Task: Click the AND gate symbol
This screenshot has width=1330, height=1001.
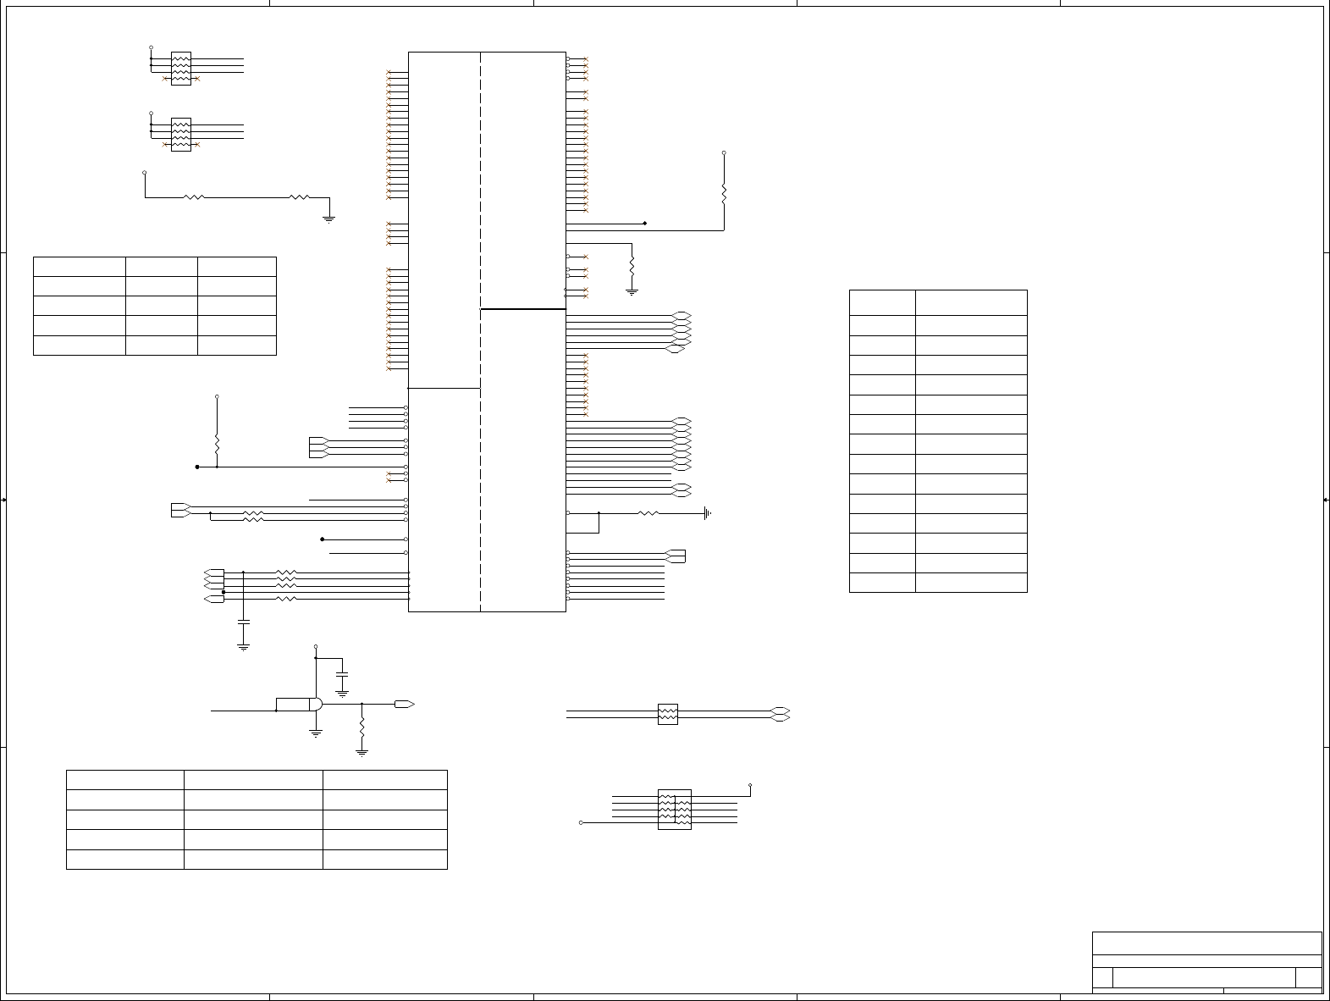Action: tap(315, 705)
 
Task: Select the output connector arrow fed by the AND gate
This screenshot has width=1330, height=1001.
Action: tap(404, 705)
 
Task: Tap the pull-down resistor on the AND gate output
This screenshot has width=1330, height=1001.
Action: tap(362, 727)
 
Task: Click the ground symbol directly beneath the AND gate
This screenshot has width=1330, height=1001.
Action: tap(316, 733)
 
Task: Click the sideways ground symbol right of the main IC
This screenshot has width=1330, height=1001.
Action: tap(707, 513)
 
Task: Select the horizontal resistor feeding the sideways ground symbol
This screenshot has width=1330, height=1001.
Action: tap(648, 513)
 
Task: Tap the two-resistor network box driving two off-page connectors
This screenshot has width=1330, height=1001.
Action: tap(668, 714)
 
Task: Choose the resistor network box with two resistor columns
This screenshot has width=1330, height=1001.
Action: tap(675, 810)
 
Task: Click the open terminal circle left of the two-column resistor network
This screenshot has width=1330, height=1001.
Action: tap(581, 822)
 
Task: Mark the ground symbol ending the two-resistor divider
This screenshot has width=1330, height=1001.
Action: tap(329, 218)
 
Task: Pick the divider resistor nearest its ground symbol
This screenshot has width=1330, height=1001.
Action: tap(300, 197)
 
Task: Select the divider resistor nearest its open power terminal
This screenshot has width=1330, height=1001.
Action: tap(194, 197)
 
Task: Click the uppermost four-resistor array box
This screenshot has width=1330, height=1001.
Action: tap(181, 69)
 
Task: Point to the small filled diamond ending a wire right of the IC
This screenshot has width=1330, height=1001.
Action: tap(645, 224)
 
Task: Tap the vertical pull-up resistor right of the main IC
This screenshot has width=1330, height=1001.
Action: tap(724, 194)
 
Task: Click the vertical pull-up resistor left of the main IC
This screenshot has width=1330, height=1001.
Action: tap(218, 444)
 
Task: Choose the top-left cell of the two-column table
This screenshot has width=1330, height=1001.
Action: tap(882, 302)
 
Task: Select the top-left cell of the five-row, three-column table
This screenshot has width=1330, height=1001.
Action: tap(80, 267)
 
